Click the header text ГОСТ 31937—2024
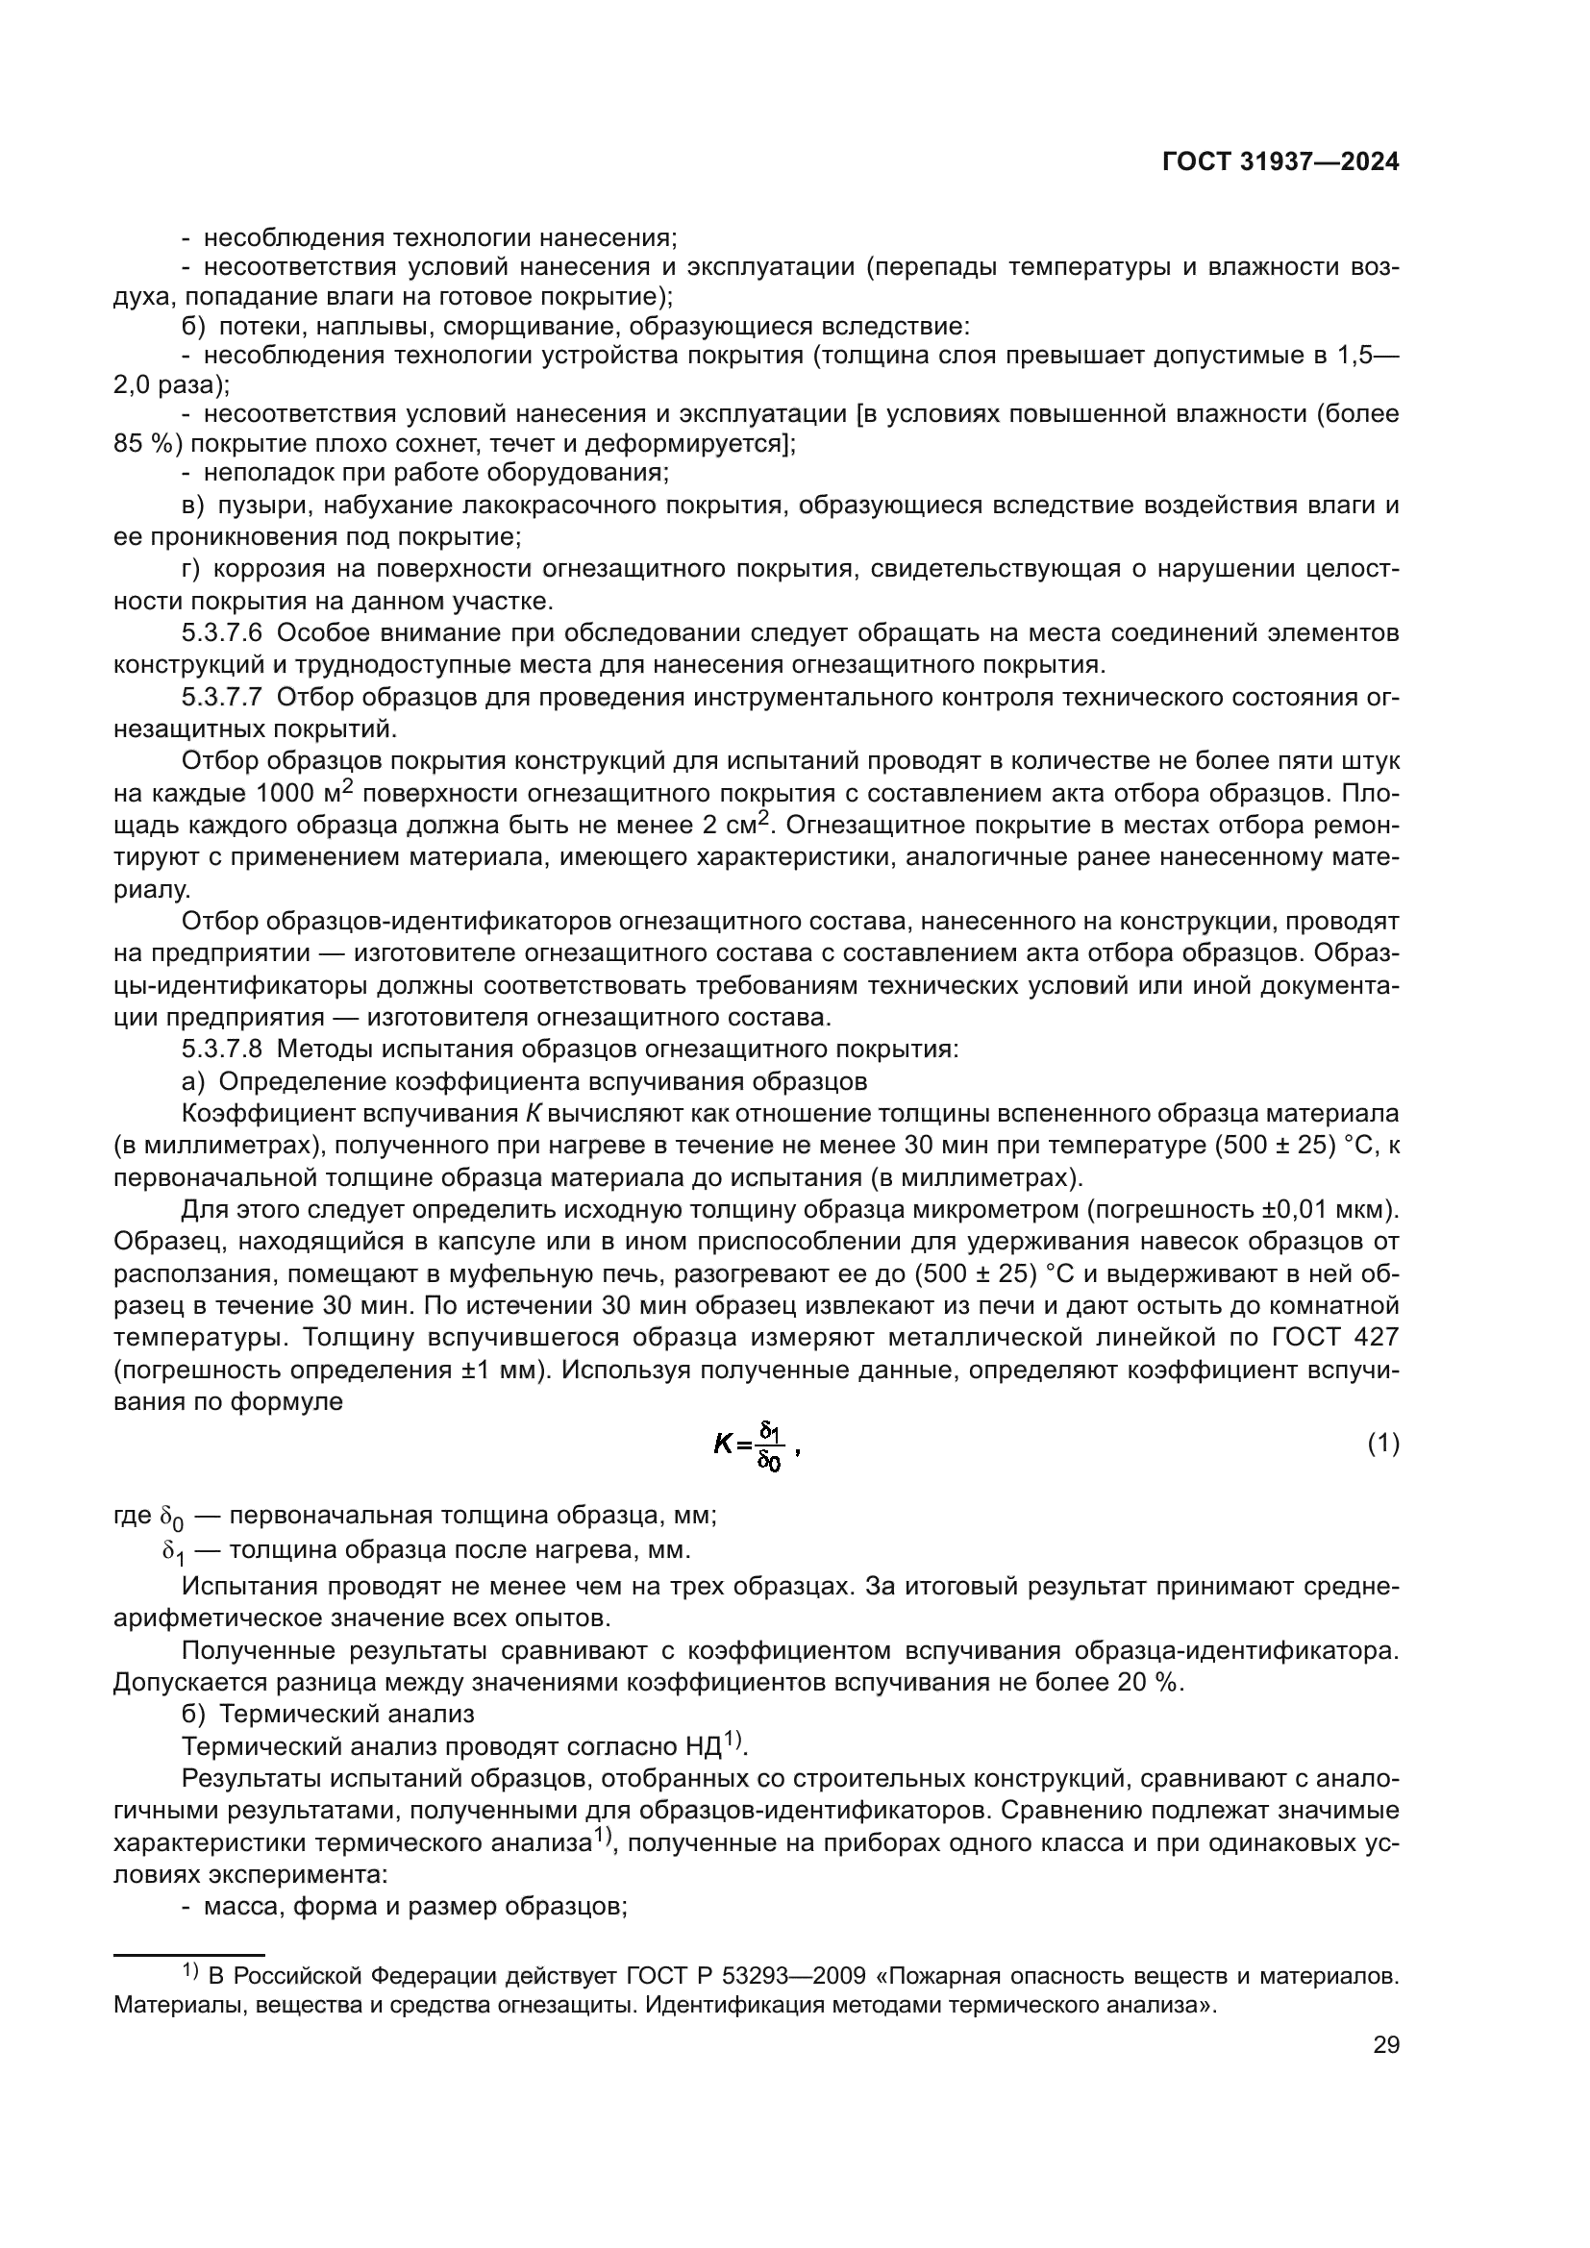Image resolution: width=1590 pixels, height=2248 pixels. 1280,162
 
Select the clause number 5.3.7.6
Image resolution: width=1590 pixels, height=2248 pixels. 221,633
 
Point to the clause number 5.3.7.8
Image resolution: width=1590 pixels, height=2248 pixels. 221,1050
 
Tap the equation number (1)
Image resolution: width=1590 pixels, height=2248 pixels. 1382,1444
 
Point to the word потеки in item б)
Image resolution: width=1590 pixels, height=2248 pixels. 261,326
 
